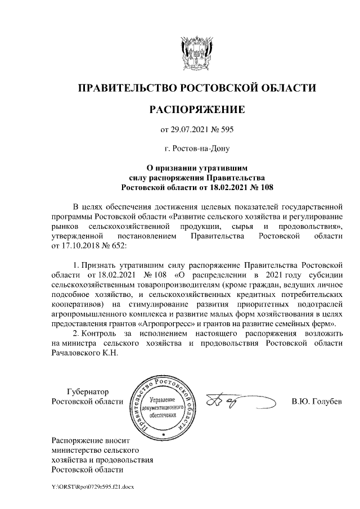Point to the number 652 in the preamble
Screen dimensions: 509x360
point(120,245)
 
